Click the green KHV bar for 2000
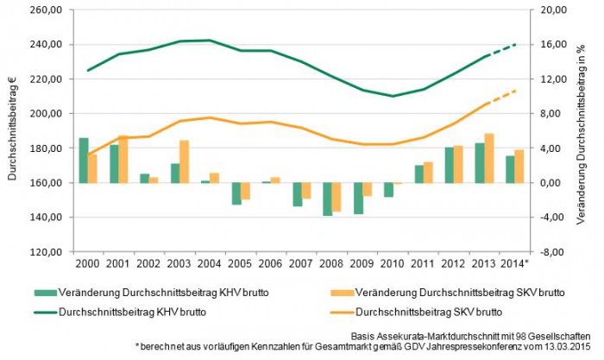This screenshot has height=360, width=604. [84, 161]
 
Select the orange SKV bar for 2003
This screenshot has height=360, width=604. [184, 161]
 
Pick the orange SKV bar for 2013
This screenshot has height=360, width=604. [489, 158]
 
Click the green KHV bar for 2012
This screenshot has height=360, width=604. [449, 165]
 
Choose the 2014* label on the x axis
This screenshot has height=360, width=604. [516, 263]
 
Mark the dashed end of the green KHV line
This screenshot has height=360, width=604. [504, 49]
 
